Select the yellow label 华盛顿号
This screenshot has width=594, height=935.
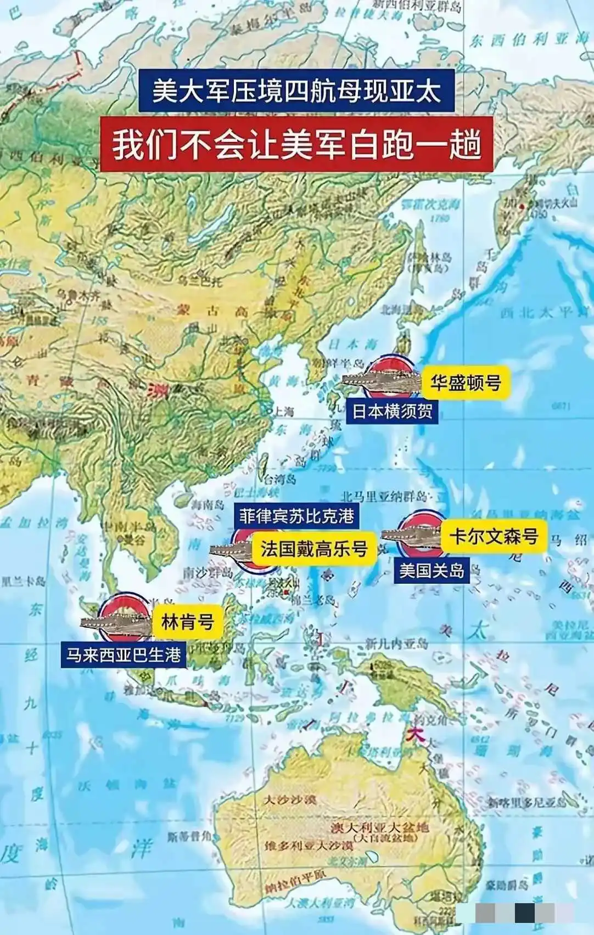pyautogui.click(x=466, y=382)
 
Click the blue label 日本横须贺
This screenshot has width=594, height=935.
pyautogui.click(x=392, y=410)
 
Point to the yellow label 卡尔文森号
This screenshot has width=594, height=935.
pyautogui.click(x=494, y=536)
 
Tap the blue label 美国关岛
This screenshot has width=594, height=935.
pyautogui.click(x=432, y=570)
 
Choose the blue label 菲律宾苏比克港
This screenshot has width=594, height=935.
pyautogui.click(x=296, y=516)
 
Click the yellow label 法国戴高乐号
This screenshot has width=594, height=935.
pyautogui.click(x=313, y=548)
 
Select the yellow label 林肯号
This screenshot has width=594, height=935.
pyautogui.click(x=187, y=622)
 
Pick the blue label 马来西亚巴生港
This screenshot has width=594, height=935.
pyautogui.click(x=124, y=655)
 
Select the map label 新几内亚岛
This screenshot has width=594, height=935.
pyautogui.click(x=396, y=643)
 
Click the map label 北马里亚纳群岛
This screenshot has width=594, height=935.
pyautogui.click(x=383, y=497)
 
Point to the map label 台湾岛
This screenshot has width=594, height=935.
pyautogui.click(x=280, y=478)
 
